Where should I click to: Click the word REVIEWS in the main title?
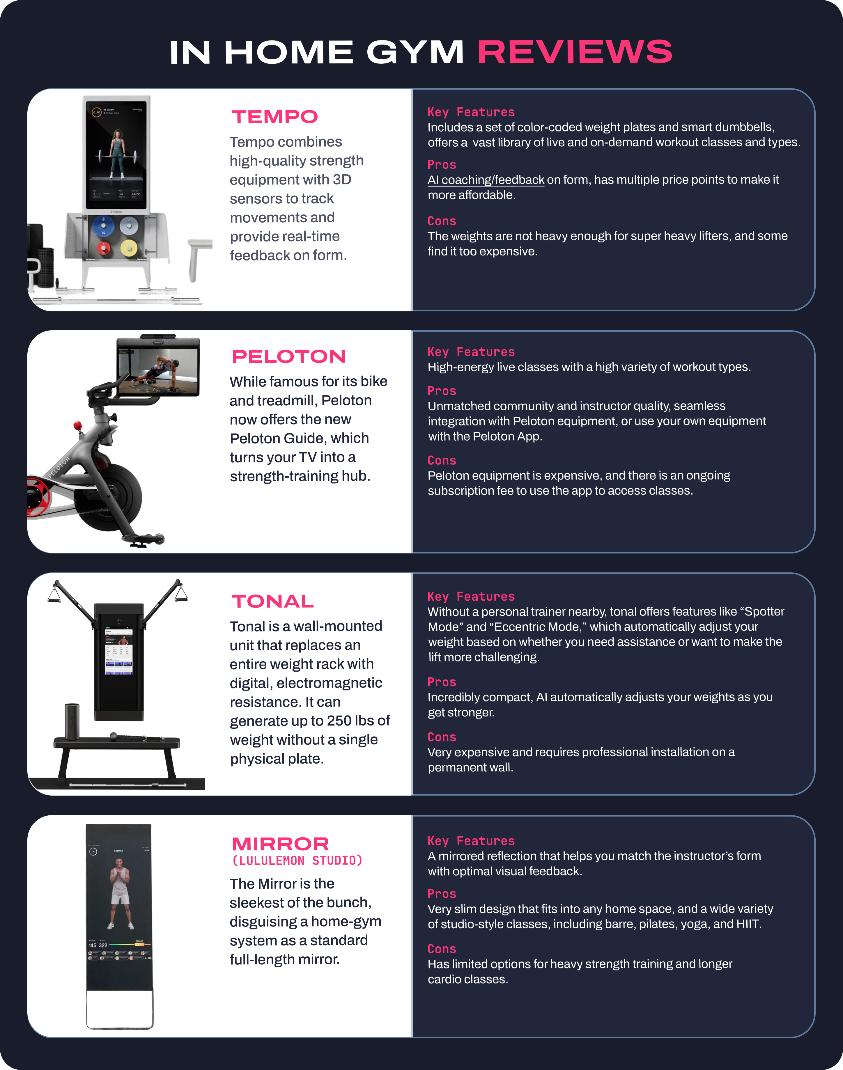click(575, 52)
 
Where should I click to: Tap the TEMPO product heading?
click(275, 117)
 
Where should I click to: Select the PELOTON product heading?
click(289, 356)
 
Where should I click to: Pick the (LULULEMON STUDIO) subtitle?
click(297, 861)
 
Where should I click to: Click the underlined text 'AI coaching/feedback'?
click(486, 180)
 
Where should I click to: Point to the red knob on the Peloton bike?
click(77, 426)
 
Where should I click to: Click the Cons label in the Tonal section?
click(442, 737)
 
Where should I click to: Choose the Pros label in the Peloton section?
click(442, 391)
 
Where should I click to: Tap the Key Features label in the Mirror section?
click(471, 841)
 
